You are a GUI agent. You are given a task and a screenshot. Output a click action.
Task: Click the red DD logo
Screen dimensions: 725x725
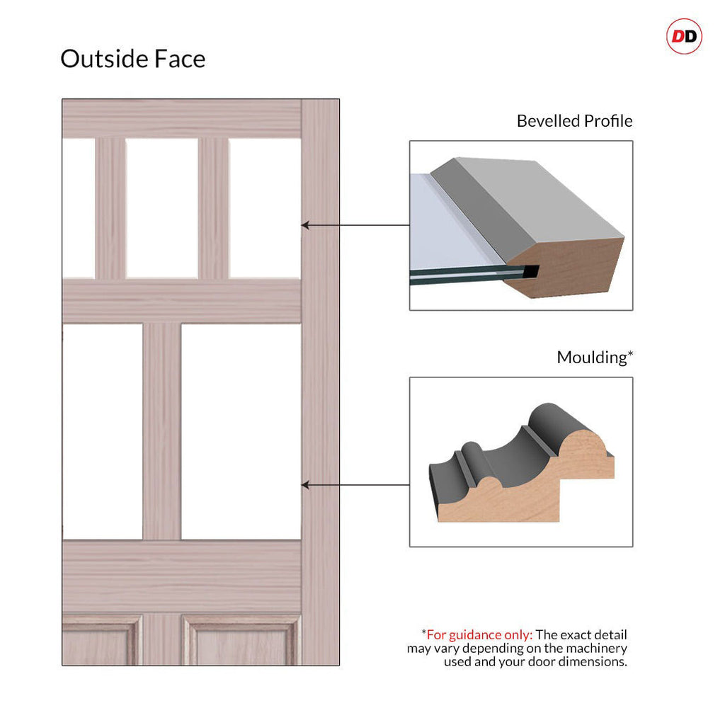click(684, 37)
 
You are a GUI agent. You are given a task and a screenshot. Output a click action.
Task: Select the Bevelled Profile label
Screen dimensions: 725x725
click(574, 121)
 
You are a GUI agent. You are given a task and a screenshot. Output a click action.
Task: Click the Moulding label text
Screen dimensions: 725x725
click(592, 358)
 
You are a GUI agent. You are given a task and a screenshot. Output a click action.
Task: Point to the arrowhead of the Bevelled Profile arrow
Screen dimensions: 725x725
click(304, 225)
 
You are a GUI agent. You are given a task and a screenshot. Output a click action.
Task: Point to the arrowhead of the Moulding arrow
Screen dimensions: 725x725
click(304, 485)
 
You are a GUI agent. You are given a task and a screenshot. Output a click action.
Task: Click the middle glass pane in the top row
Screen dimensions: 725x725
click(161, 207)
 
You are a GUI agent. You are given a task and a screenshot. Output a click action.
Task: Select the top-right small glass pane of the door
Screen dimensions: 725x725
click(265, 207)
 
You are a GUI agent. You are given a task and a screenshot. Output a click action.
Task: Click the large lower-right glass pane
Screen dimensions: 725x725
click(241, 431)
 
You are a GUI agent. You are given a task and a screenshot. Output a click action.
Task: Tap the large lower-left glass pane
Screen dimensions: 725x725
click(102, 431)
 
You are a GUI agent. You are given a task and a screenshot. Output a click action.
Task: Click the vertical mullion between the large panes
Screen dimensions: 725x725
click(161, 431)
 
